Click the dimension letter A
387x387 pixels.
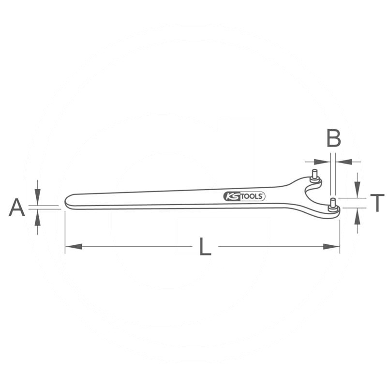coord(17,208)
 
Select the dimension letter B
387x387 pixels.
coord(333,138)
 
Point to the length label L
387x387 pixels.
coord(205,247)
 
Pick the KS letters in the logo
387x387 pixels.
coord(230,196)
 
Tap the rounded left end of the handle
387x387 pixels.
coord(68,202)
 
